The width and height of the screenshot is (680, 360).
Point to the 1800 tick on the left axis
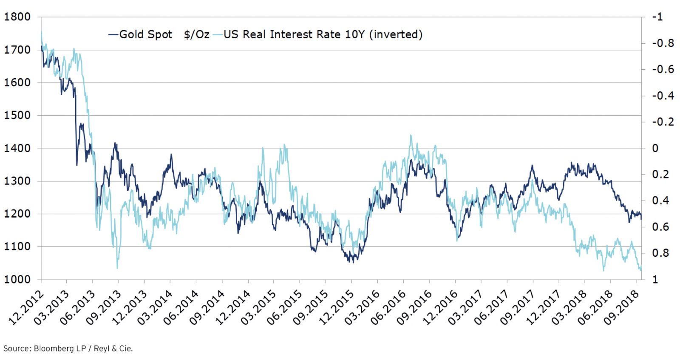(17, 17)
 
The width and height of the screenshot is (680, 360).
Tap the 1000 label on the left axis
(17, 279)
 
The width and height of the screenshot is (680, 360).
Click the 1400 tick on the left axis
(17, 148)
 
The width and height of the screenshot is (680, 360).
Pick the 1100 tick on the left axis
(17, 247)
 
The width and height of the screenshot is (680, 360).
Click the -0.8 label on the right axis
(663, 43)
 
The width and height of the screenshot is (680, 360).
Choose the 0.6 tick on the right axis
(660, 227)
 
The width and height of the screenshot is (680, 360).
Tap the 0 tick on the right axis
(655, 148)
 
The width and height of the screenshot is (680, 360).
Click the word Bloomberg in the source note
(54, 349)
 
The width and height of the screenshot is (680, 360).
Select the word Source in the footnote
(17, 349)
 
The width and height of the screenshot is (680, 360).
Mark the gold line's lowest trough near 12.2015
(353, 262)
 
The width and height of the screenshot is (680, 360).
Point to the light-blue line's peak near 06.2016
(411, 136)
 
